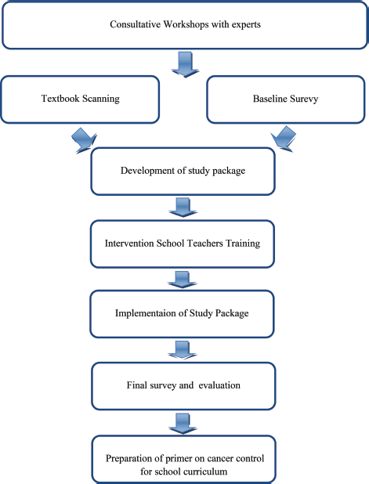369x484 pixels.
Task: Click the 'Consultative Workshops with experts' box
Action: [185, 25]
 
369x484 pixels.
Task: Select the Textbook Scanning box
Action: [80, 99]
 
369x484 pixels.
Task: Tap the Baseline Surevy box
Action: [286, 99]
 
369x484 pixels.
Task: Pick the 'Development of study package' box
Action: [183, 172]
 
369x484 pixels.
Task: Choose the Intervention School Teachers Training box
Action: [183, 244]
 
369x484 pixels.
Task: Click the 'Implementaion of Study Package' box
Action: [182, 314]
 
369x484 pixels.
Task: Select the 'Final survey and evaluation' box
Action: [183, 386]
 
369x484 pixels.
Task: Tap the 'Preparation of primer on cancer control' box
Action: [184, 459]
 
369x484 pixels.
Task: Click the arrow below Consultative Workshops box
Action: [185, 64]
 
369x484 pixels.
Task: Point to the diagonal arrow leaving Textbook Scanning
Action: [84, 140]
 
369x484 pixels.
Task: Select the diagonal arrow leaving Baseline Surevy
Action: [284, 139]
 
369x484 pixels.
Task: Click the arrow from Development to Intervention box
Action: [183, 208]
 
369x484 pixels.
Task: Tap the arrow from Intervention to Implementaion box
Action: [183, 280]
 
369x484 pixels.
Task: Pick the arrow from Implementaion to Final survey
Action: [183, 350]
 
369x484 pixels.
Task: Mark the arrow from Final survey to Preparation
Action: [183, 424]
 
